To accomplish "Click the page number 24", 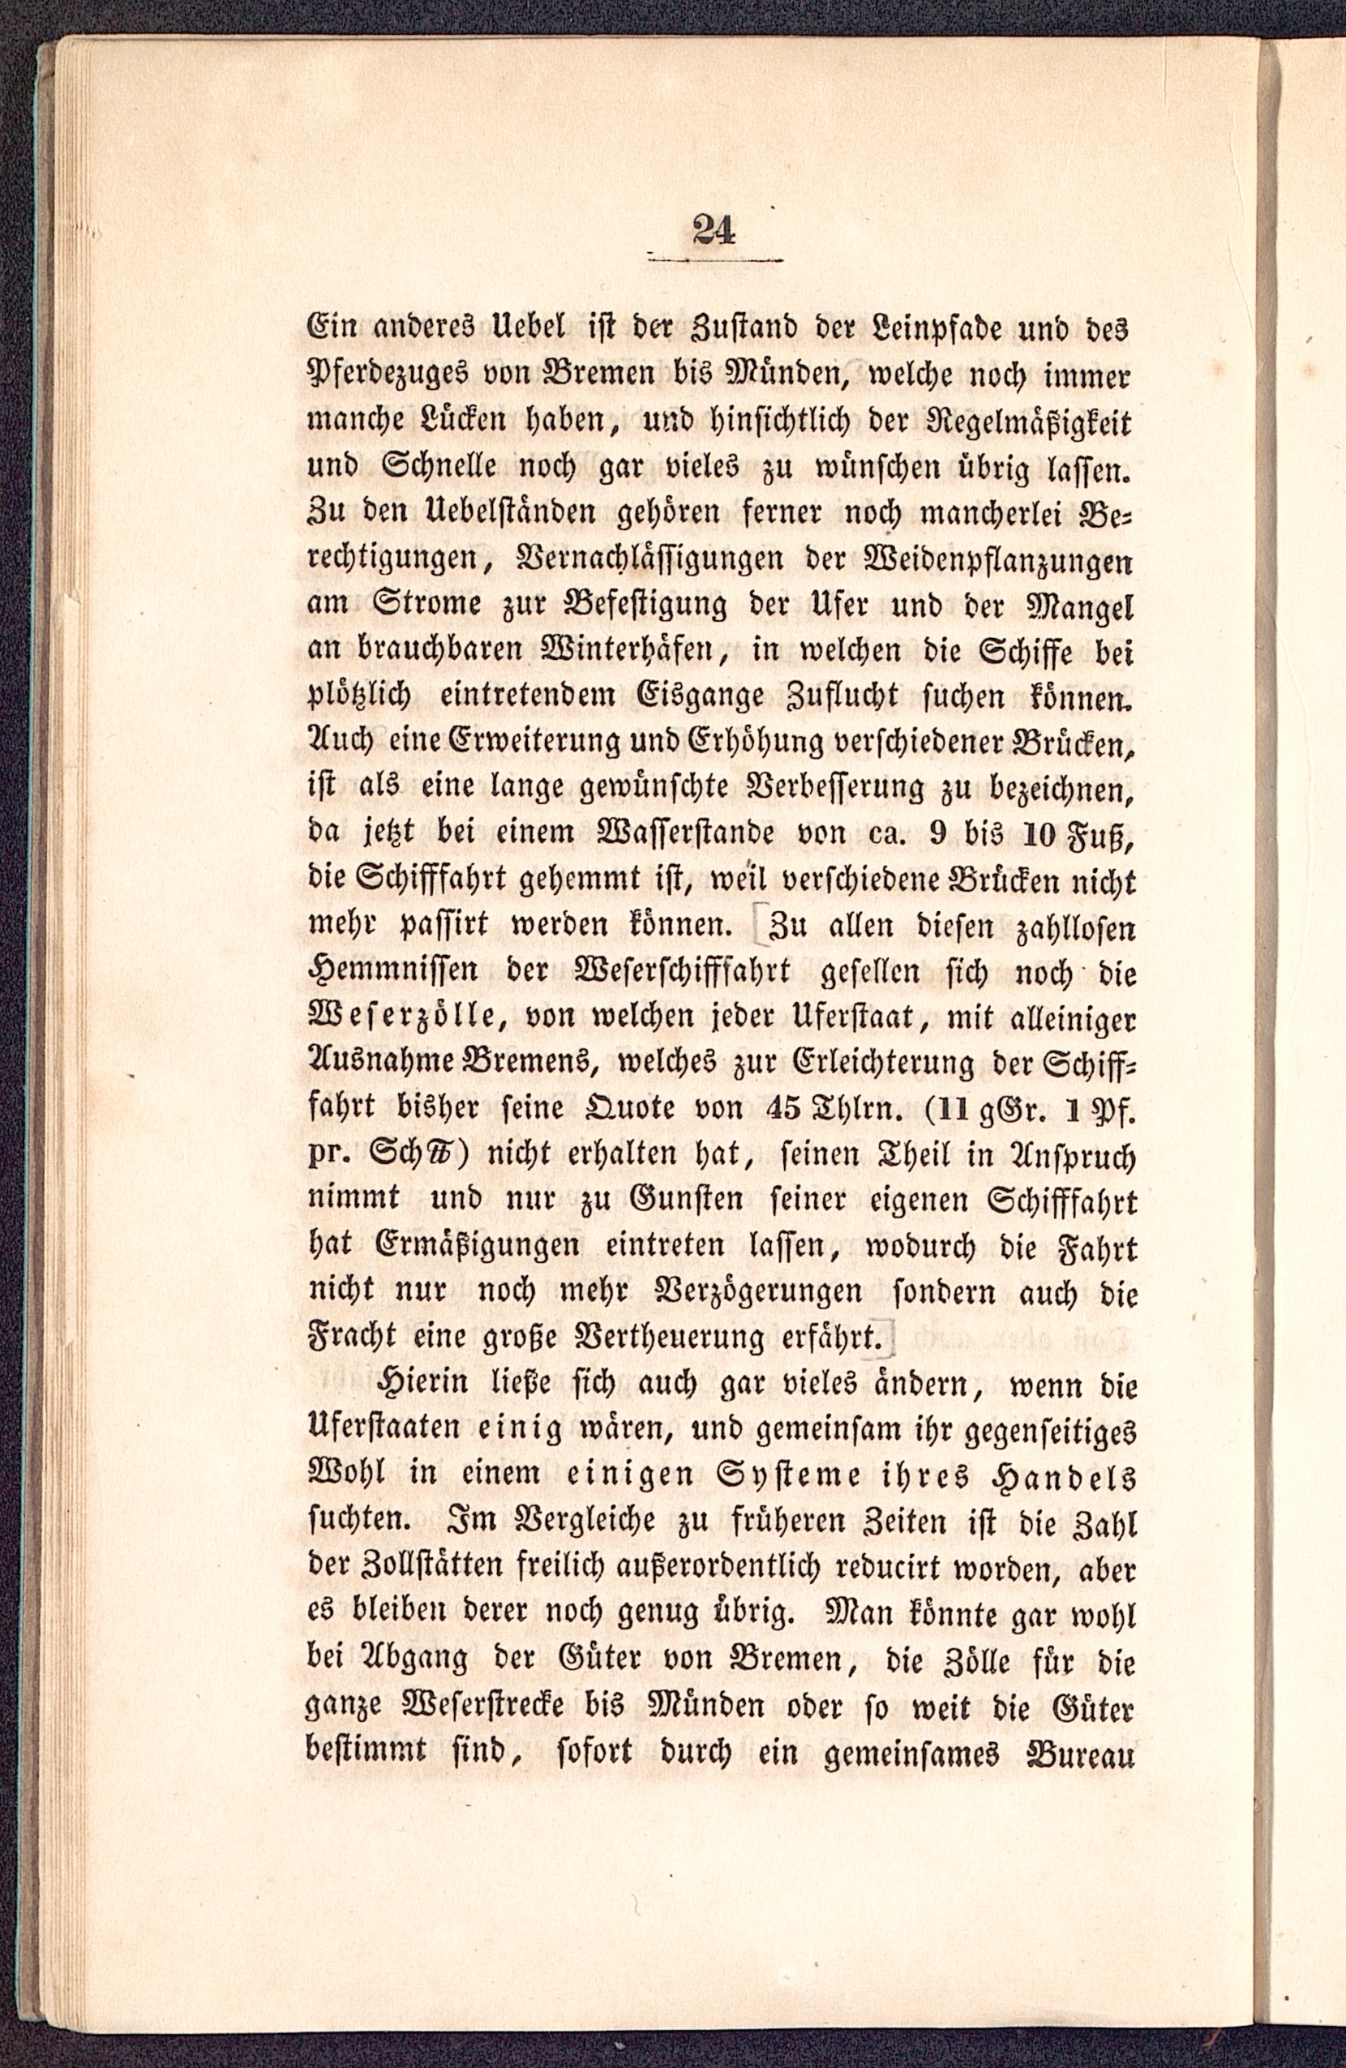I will [714, 230].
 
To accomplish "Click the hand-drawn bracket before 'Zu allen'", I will [761, 927].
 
